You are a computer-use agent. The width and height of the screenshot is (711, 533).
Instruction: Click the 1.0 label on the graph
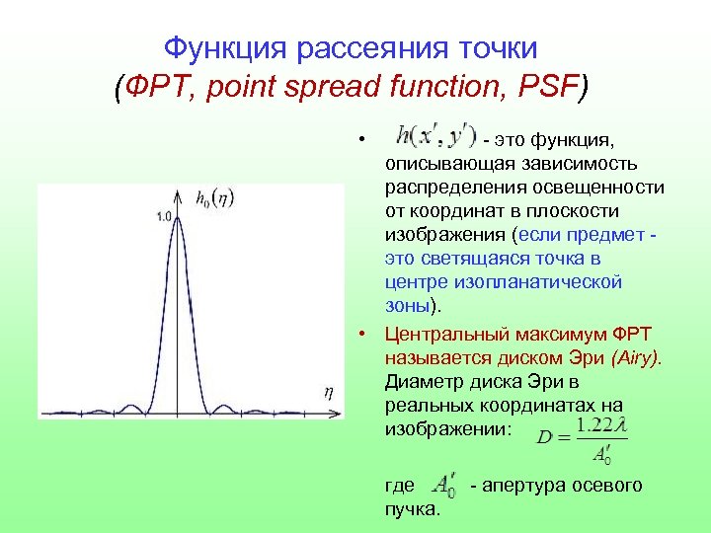[x=165, y=215]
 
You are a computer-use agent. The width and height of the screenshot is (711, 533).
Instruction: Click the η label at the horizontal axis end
[x=329, y=392]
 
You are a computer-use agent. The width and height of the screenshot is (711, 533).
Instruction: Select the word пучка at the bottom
[x=411, y=508]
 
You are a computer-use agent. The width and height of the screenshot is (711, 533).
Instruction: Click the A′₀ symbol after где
[x=444, y=484]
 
